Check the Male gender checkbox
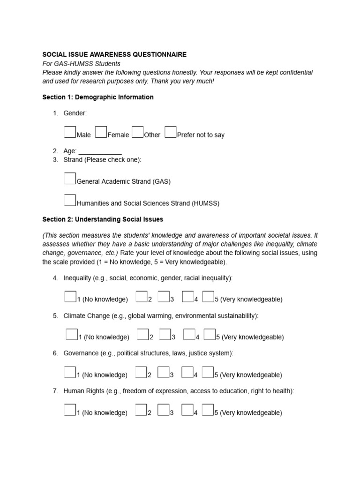[70, 132]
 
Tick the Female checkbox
[101, 132]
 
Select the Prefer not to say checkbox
[171, 132]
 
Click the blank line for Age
[100, 151]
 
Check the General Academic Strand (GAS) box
[70, 178]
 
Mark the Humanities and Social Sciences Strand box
[70, 200]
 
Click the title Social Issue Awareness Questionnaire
[114, 54]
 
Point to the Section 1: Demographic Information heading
[98, 97]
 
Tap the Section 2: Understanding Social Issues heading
[103, 219]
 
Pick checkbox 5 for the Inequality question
[209, 296]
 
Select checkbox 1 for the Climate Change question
[72, 334]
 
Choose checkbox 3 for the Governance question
[163, 372]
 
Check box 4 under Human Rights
[187, 410]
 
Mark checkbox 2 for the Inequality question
[142, 296]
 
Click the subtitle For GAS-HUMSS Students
[81, 64]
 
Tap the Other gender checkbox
[137, 132]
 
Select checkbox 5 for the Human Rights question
[208, 410]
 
